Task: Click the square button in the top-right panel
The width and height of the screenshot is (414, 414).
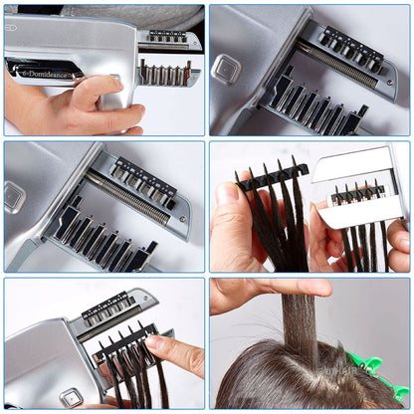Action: (x=227, y=69)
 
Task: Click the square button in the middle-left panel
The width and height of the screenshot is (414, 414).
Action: (x=14, y=196)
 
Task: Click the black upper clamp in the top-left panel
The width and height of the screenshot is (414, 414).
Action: (x=166, y=36)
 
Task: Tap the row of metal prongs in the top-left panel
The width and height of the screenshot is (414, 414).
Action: (x=163, y=74)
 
